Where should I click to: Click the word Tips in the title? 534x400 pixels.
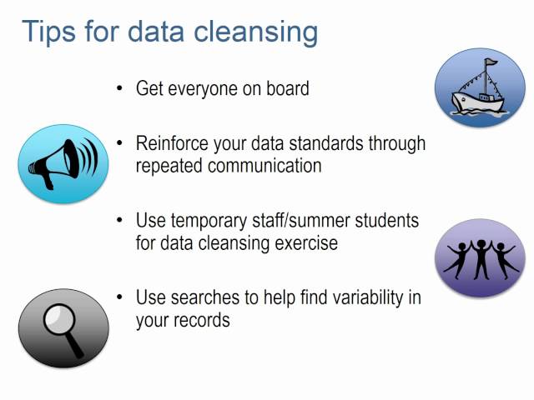(48, 31)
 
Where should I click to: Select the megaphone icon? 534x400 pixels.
(63, 163)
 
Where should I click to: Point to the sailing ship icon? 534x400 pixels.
(480, 87)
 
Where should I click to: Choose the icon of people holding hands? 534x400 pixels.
(480, 257)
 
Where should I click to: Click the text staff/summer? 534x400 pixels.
(305, 221)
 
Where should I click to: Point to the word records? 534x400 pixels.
(201, 320)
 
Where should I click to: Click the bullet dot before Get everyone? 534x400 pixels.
(120, 87)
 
